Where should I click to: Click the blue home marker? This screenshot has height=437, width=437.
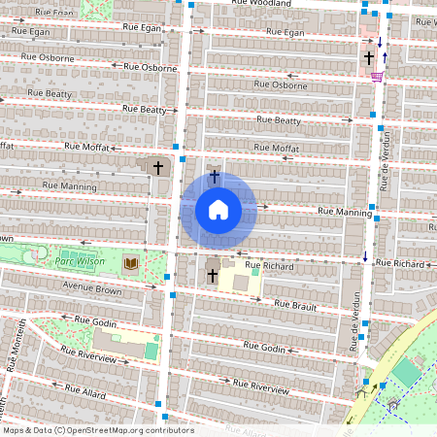(x=218, y=209)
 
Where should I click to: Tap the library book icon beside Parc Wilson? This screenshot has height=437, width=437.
(x=130, y=263)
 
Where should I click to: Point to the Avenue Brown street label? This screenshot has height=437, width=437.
(x=92, y=289)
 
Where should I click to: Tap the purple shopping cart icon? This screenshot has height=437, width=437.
(x=377, y=76)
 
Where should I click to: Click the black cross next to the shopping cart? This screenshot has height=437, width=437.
(x=369, y=59)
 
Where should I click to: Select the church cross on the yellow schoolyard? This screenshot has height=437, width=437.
(x=213, y=277)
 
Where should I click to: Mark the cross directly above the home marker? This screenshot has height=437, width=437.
(x=215, y=176)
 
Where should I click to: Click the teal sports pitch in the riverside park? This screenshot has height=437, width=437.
(x=408, y=372)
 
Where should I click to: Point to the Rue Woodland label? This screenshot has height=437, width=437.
(x=262, y=4)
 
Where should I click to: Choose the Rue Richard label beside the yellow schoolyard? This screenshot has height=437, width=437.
(x=269, y=265)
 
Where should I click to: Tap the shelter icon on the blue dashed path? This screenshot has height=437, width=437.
(x=393, y=401)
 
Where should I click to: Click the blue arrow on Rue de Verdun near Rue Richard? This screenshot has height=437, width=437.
(x=365, y=256)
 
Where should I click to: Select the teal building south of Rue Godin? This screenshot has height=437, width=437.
(x=151, y=349)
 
